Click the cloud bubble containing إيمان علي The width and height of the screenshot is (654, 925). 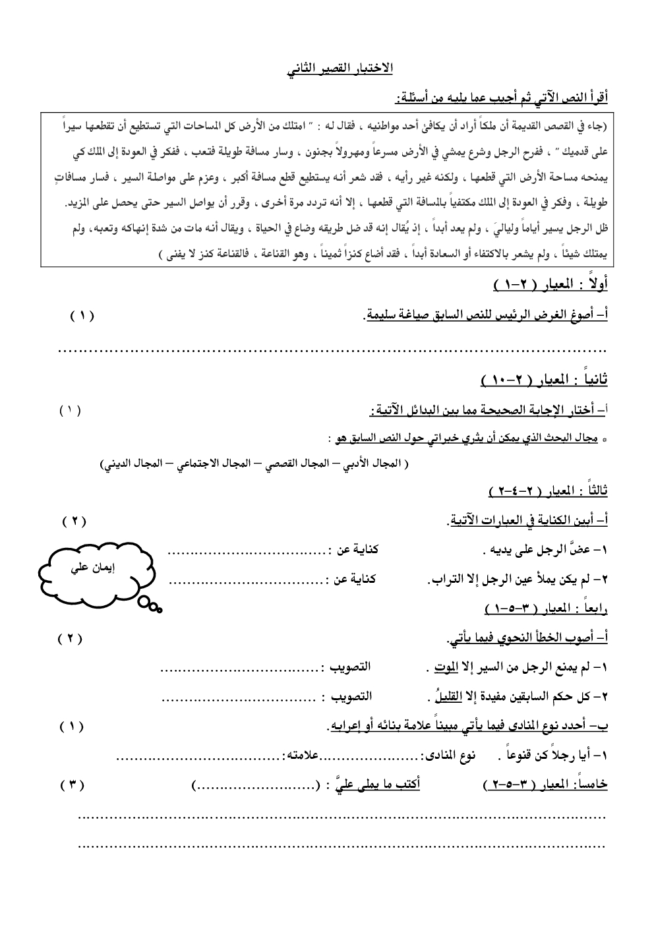(x=94, y=571)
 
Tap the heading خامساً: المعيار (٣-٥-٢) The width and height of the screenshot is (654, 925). (x=545, y=785)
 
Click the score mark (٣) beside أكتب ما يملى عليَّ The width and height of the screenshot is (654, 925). (x=73, y=785)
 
